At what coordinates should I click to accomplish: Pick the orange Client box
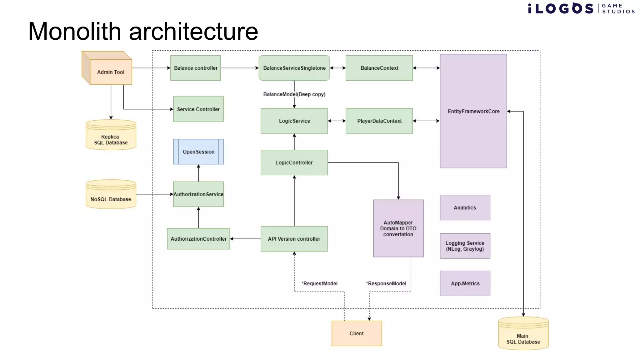point(357,333)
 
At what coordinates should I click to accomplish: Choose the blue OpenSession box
point(198,152)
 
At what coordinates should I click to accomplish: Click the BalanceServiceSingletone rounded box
point(294,68)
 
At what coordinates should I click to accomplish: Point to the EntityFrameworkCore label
point(473,112)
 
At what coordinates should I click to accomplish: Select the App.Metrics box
point(465,283)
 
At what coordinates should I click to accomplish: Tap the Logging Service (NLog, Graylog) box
point(465,246)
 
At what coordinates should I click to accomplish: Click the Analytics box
point(465,207)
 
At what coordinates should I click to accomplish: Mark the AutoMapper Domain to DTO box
point(398,228)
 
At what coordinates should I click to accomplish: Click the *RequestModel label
point(319,283)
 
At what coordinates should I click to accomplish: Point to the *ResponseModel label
point(386,283)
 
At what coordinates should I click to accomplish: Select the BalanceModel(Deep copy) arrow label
point(294,94)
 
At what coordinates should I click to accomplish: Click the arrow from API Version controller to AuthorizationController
point(245,239)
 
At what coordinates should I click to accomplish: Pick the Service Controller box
point(198,109)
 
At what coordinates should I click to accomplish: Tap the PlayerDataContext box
point(379,121)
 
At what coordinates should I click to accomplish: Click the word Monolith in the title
point(74,31)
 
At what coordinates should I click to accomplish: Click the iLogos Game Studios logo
point(581,8)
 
